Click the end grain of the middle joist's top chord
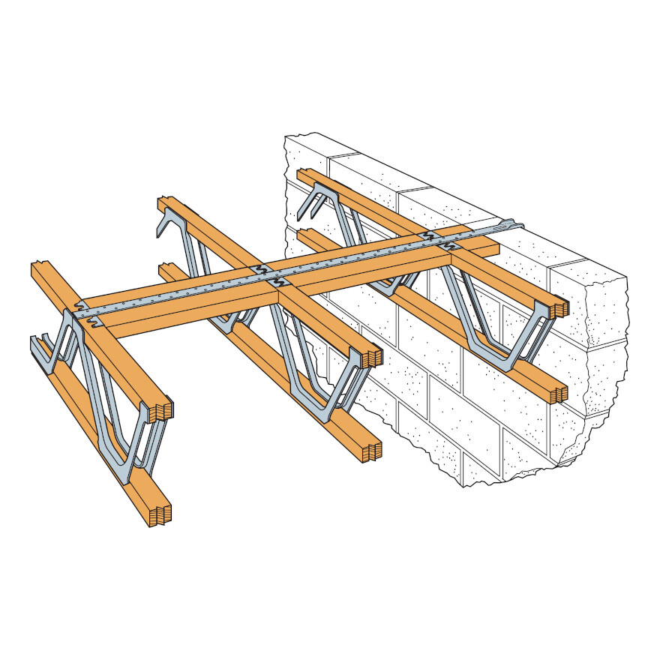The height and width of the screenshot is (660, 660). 373,357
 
